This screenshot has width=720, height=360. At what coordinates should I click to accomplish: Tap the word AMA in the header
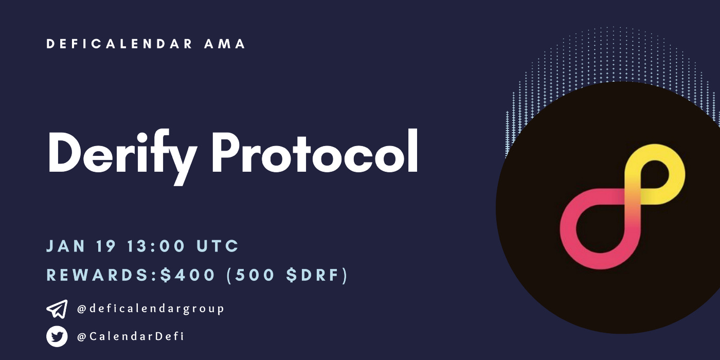pos(225,44)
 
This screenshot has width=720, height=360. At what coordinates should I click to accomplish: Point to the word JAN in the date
pos(66,246)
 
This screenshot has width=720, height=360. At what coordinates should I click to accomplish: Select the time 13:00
pos(156,246)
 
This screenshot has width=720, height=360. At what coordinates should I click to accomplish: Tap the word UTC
pos(218,246)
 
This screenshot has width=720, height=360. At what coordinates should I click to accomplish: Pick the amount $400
pos(188,276)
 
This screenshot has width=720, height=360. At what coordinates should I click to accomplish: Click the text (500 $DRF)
pos(287,276)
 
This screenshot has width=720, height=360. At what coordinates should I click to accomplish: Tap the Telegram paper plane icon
pos(57,309)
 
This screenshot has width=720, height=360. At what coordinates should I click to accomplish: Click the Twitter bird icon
pos(57,337)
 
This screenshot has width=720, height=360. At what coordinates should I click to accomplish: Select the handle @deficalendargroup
pos(150,309)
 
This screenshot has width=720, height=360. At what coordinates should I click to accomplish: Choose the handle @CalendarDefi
pos(130,337)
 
